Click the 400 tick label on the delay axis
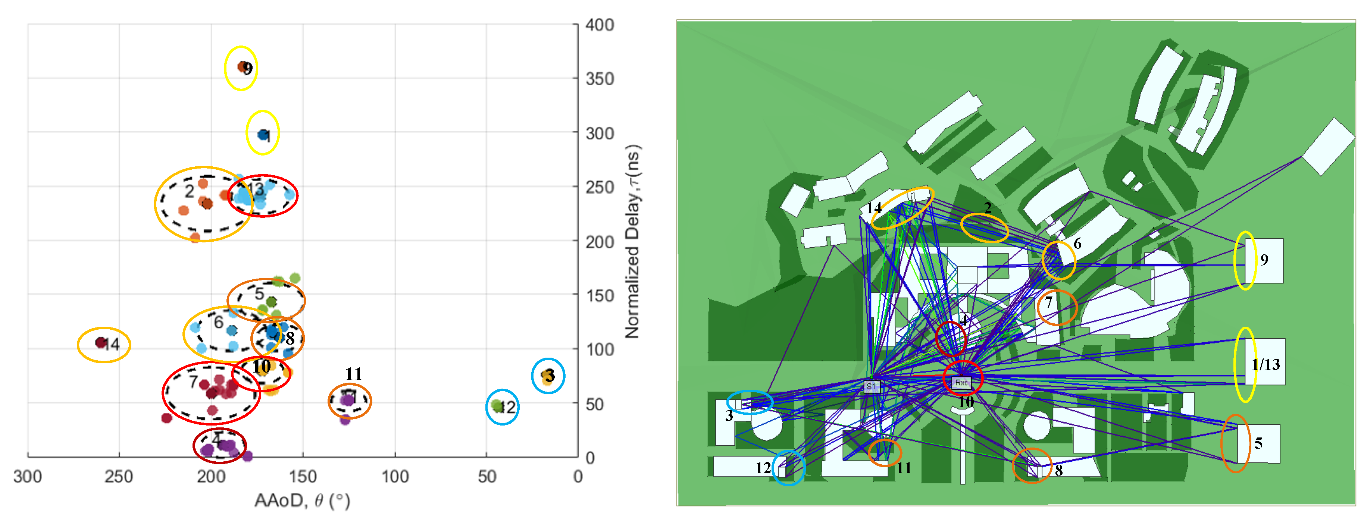coord(600,25)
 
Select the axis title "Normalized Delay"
coord(633,241)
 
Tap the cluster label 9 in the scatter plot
coord(248,69)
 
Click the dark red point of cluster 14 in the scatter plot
coord(101,343)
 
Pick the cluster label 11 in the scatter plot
coord(353,374)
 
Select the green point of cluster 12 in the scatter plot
coord(497,406)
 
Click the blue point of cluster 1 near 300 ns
coord(263,135)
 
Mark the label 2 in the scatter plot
coord(189,191)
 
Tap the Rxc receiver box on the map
coord(961,382)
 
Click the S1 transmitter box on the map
coord(871,386)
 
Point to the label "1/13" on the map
coord(1265,364)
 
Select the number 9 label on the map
coord(1264,260)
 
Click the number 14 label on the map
coord(874,208)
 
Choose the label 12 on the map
coord(763,468)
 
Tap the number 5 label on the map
coord(1258,443)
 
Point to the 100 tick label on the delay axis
coord(600,349)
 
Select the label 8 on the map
coord(1058,470)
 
